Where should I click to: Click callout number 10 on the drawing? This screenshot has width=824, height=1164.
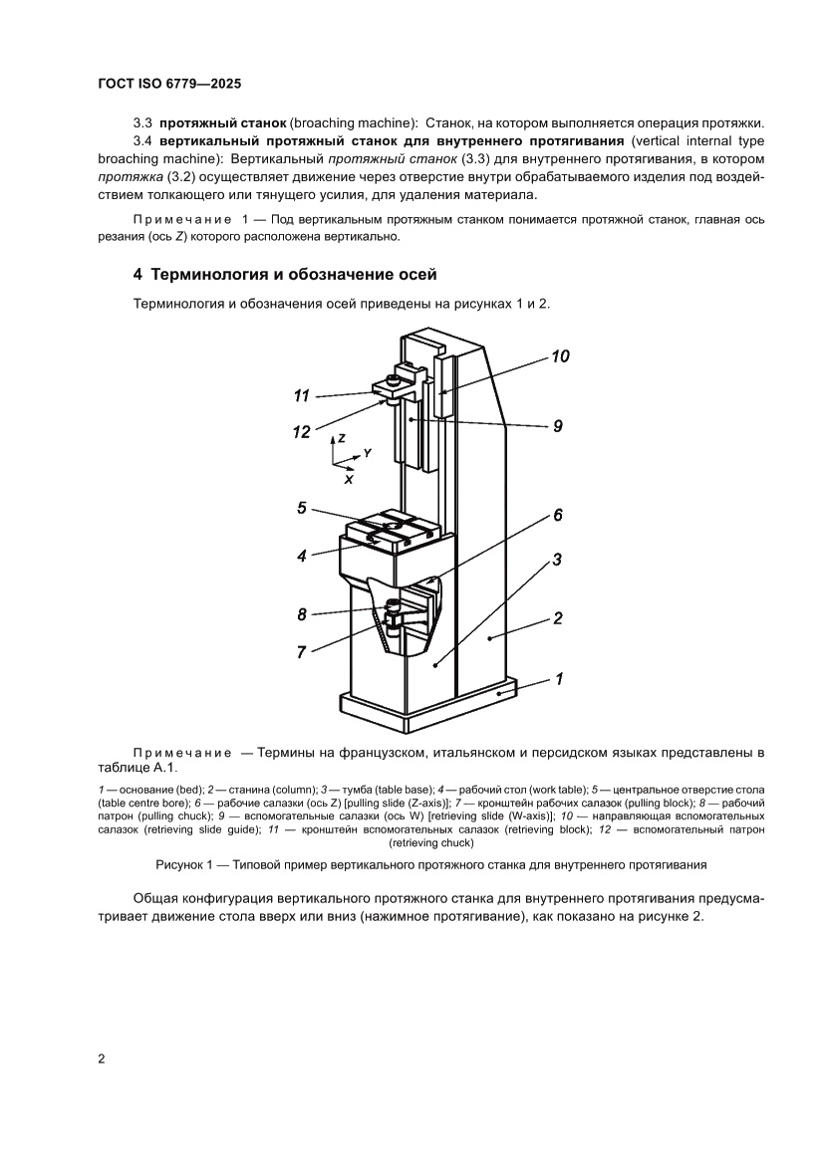[560, 355]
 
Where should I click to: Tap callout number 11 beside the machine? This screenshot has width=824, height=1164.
[302, 396]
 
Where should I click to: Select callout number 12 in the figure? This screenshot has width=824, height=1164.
[302, 431]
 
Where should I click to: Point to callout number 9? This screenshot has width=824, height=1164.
[558, 425]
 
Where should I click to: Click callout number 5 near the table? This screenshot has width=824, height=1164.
[301, 508]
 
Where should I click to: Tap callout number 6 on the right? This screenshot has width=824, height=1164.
[558, 515]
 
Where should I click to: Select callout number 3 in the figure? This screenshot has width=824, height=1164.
[557, 560]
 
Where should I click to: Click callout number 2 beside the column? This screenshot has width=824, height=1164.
[558, 618]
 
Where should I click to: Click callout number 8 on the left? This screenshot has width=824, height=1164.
[302, 614]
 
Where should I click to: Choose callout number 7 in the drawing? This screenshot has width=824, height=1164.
[301, 651]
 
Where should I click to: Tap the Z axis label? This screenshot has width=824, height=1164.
[342, 438]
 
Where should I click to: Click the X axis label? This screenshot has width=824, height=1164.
[349, 479]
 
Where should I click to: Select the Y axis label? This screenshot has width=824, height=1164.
[367, 453]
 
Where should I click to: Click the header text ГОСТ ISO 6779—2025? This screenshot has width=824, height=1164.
[169, 84]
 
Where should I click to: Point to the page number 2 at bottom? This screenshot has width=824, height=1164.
[102, 1058]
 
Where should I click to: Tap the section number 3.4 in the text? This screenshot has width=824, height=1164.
[143, 140]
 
